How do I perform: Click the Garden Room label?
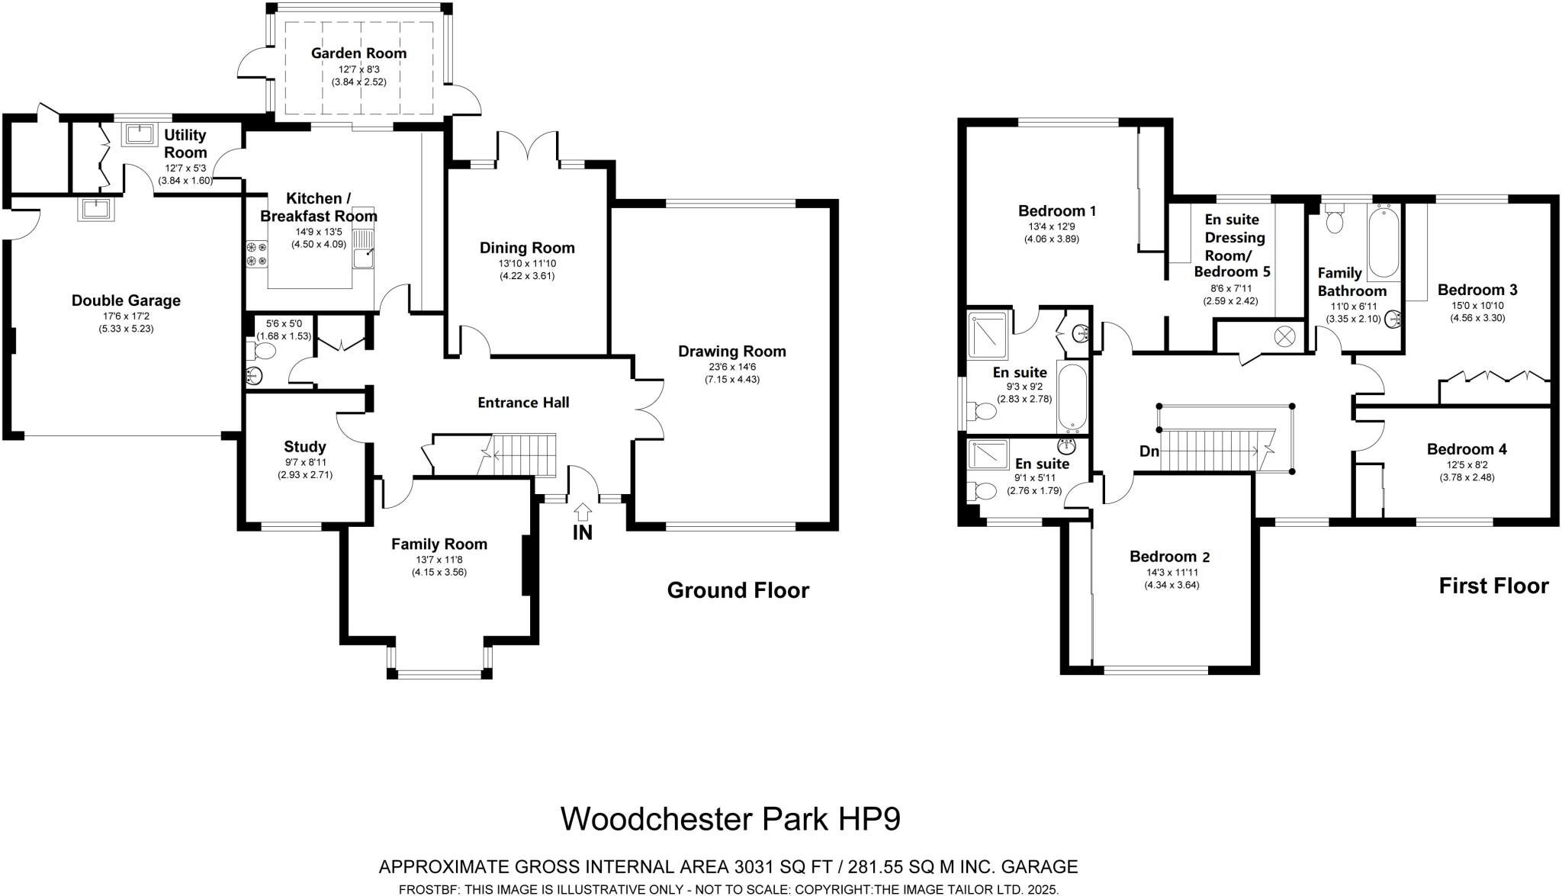[358, 53]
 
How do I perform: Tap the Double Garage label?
[126, 300]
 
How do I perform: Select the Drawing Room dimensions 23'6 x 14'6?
[731, 367]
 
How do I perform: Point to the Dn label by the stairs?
[1149, 451]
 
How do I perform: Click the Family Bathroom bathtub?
[1384, 242]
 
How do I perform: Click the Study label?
[304, 447]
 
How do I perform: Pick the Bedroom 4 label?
[1466, 449]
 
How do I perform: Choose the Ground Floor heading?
[738, 590]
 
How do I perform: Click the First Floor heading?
[1493, 586]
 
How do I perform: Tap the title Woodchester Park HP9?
[730, 819]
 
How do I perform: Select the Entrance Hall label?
[523, 403]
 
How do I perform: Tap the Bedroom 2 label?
[1169, 557]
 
